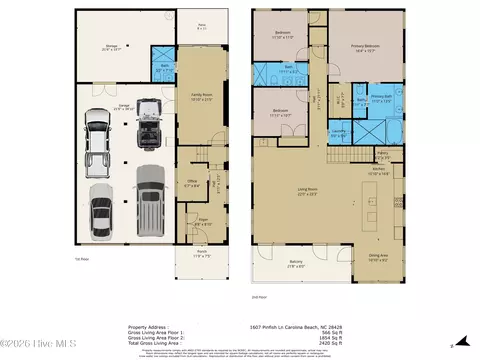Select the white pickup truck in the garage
pos(98,135)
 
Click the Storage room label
pos(112,46)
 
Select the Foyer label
pos(201,222)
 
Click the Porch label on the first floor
pos(200,255)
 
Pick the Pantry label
pos(381,155)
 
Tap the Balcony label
pos(298,265)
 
